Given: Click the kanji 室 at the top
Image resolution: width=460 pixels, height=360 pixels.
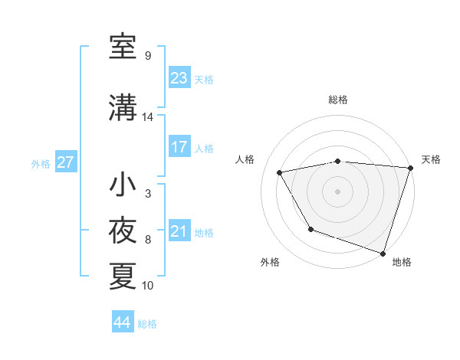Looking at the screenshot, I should [x=123, y=47].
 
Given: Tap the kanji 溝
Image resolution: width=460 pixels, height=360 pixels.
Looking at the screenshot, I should [x=123, y=106].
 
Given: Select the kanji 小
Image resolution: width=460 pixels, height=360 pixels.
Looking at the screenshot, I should [x=123, y=185].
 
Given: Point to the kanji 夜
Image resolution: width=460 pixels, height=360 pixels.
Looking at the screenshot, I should [x=123, y=231].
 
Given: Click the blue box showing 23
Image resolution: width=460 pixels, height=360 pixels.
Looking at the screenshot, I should [x=179, y=78].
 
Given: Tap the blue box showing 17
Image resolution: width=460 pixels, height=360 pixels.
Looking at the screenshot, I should [x=179, y=147].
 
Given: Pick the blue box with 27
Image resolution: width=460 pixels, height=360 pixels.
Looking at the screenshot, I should [x=66, y=162].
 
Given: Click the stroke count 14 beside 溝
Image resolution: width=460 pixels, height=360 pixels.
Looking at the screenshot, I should [x=148, y=117].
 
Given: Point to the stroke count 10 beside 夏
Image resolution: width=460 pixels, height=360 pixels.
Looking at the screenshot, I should [x=148, y=286].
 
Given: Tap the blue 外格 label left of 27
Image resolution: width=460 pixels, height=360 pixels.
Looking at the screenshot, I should [x=41, y=163].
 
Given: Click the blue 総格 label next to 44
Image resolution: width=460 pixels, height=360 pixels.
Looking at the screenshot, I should [x=147, y=324].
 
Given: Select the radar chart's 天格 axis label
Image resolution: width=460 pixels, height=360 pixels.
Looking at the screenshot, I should [x=431, y=159].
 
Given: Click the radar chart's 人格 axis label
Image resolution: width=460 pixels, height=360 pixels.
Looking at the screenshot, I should [x=245, y=159].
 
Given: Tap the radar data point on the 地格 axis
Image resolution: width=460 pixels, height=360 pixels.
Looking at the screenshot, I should [x=383, y=252].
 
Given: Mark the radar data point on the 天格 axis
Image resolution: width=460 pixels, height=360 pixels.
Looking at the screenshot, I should [x=409, y=168].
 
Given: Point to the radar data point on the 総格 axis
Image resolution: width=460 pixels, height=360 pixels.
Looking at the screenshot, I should [x=338, y=161].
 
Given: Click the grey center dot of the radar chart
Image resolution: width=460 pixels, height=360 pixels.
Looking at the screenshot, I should [x=338, y=191].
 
